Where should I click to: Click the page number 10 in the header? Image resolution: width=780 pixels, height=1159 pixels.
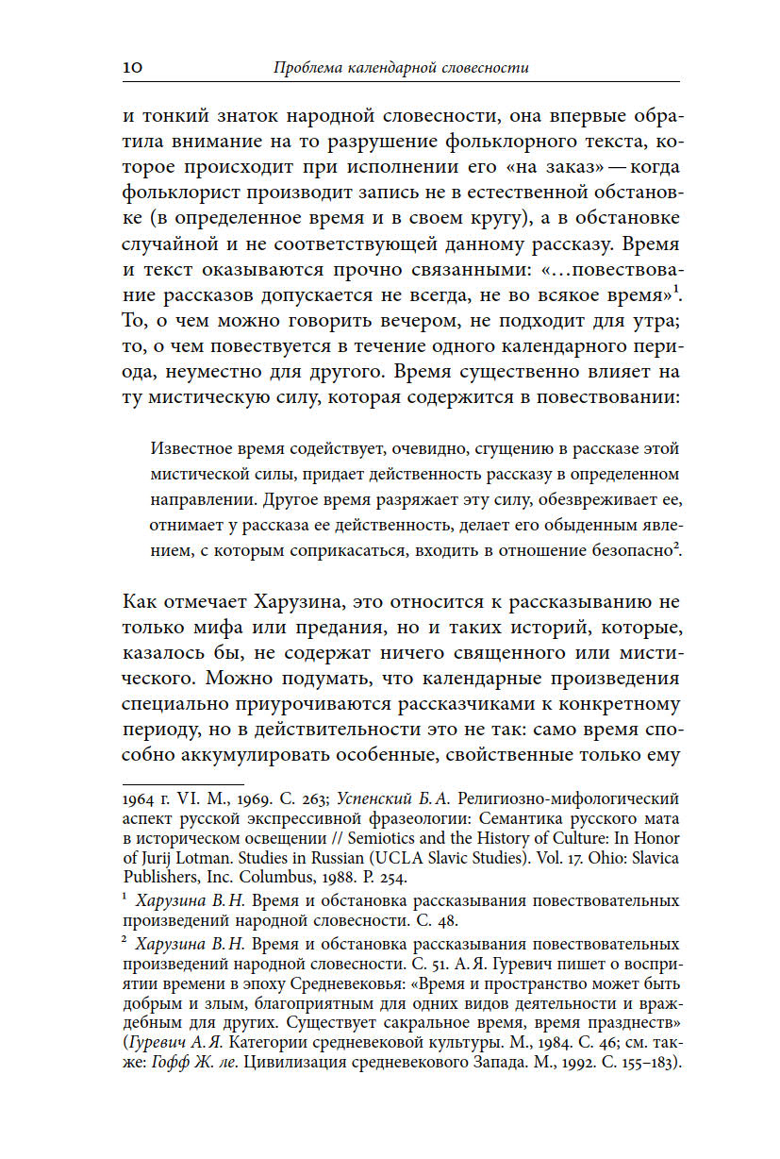coord(132,67)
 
